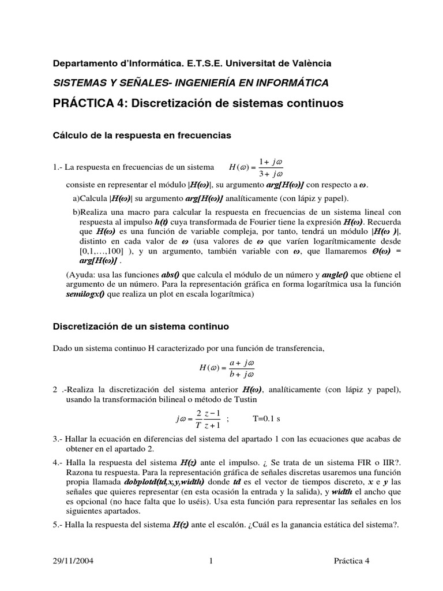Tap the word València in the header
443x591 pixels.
(311, 63)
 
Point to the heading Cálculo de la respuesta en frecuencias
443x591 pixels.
(142, 135)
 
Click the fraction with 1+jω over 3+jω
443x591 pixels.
(269, 167)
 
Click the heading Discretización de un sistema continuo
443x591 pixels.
(141, 326)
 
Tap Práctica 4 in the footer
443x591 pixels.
(355, 560)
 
